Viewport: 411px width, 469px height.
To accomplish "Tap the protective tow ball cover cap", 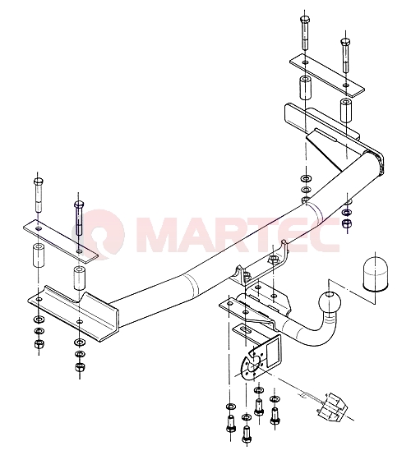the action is [x=375, y=273].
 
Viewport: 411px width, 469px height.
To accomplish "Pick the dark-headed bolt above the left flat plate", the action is [x=79, y=218].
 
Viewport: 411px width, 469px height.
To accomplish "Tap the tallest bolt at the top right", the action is [x=305, y=33].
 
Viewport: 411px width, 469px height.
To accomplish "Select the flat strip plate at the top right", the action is [x=327, y=76].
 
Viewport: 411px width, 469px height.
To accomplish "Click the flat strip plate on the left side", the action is [x=61, y=241].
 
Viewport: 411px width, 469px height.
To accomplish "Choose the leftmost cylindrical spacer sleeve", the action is [x=38, y=255].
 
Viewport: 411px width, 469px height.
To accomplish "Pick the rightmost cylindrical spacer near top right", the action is [x=345, y=110].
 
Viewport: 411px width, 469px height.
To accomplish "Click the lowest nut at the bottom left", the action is [x=80, y=366].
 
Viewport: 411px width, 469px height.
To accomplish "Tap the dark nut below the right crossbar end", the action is [x=347, y=223].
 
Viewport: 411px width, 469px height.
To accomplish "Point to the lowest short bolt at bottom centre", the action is [x=247, y=435].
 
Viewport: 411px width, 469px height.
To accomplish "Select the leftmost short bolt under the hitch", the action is [x=230, y=424].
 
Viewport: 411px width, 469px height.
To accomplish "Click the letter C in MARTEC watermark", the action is [x=326, y=235].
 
